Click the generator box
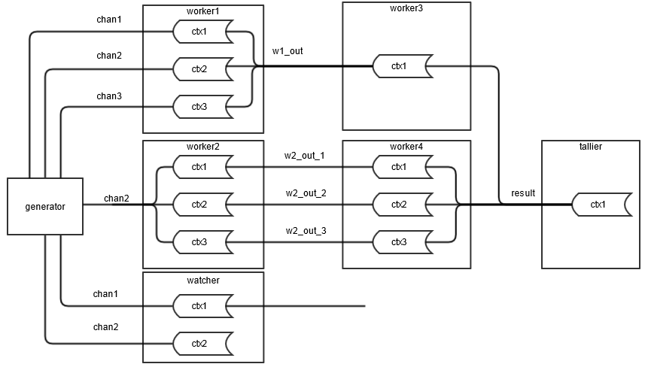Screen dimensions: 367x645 (x=45, y=206)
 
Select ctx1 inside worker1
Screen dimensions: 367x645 (x=199, y=32)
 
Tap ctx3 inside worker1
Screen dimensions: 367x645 (x=199, y=107)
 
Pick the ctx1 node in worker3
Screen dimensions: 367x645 (x=400, y=66)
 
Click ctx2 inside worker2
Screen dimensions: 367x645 (x=199, y=205)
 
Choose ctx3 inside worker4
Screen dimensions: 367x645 (x=400, y=241)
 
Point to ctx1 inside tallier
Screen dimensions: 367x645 (x=598, y=205)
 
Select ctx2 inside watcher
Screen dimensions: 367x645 (x=199, y=344)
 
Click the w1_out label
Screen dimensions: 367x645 (x=288, y=52)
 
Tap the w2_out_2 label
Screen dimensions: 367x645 (x=306, y=193)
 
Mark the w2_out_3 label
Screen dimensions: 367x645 (x=306, y=231)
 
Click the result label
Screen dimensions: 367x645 (x=523, y=193)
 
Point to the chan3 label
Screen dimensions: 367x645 (x=109, y=96)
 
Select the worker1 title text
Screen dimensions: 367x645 (x=203, y=11)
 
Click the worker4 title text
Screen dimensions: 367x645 (x=406, y=146)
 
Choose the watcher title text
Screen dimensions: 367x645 (x=203, y=280)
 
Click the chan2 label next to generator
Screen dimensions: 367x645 (x=117, y=199)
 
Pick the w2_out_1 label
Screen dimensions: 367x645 (x=304, y=156)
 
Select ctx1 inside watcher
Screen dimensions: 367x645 (x=199, y=306)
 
